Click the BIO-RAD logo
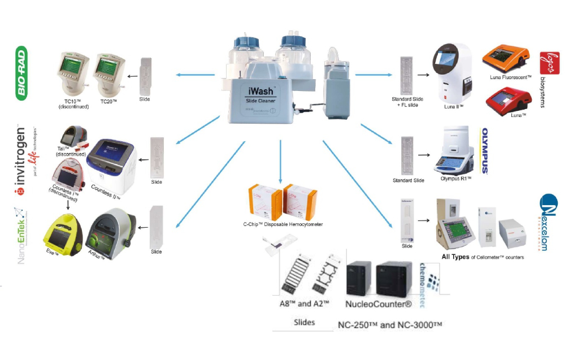click(22, 74)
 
